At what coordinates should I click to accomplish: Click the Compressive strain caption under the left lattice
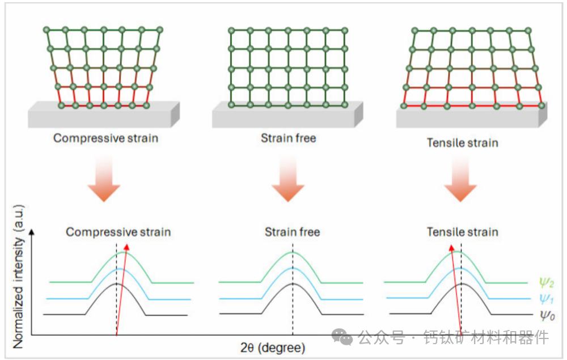[x=105, y=138]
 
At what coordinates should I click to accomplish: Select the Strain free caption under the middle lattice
[x=288, y=138]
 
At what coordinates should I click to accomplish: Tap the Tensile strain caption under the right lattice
[x=462, y=142]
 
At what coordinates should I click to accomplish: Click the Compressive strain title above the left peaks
[x=118, y=232]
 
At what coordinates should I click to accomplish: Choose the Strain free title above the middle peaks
[x=292, y=232]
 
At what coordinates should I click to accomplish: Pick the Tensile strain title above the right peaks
[x=462, y=232]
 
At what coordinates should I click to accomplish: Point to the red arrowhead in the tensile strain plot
[x=452, y=247]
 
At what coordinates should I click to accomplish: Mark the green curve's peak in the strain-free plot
[x=293, y=252]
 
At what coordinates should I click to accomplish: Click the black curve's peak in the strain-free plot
[x=293, y=283]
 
